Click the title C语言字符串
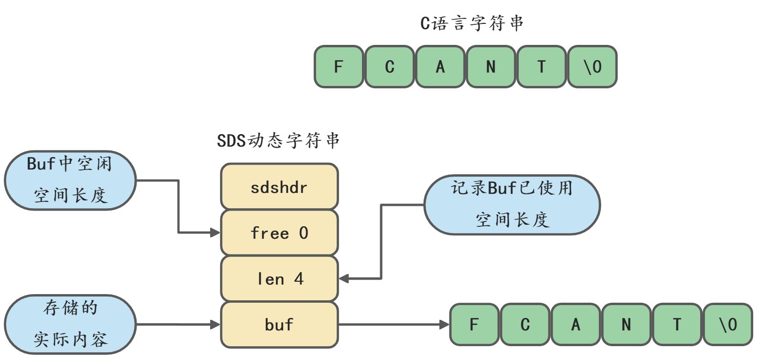point(472,23)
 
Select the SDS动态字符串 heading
point(278,140)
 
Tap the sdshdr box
point(279,186)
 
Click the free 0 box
point(279,233)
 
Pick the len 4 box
point(279,279)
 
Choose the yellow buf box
point(279,325)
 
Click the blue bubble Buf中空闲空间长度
point(70,180)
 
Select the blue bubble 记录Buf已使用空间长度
point(512,205)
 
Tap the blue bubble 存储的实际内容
point(70,325)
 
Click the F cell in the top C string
point(339,66)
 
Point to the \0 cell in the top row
point(592,66)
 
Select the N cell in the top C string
point(491,66)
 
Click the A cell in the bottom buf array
point(576,325)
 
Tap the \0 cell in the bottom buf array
point(728,325)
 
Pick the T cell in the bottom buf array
point(677,325)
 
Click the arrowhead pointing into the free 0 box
point(215,233)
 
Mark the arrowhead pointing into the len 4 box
point(344,279)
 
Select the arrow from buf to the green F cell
point(394,325)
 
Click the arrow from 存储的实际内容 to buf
point(178,325)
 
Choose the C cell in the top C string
point(390,66)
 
